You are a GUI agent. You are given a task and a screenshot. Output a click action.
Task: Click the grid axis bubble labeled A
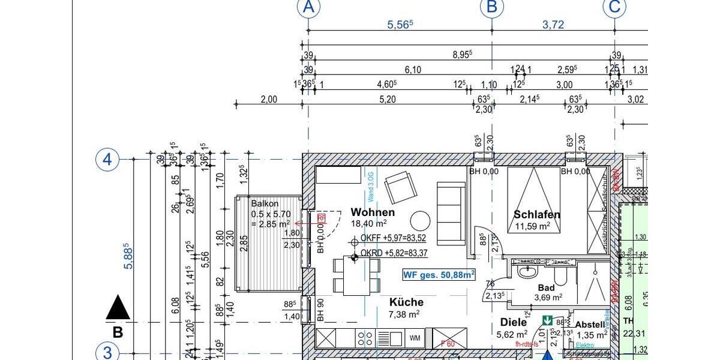tap(308, 7)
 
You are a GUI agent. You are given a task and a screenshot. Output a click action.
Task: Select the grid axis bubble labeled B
tap(492, 7)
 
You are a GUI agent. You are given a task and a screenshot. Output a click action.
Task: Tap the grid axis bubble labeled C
tap(615, 7)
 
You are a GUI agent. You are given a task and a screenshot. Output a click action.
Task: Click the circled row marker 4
tap(107, 160)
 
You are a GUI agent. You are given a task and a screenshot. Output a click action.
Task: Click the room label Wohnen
tap(373, 212)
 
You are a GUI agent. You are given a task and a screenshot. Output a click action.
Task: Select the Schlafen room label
tap(536, 214)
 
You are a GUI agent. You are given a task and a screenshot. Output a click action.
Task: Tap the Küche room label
tap(406, 302)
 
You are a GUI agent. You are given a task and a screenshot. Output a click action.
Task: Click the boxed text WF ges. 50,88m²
tap(439, 275)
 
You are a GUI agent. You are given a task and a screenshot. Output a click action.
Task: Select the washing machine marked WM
tap(415, 338)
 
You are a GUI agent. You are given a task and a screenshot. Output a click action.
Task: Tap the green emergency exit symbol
tap(547, 321)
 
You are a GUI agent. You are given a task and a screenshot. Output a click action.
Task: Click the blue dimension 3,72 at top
tap(553, 25)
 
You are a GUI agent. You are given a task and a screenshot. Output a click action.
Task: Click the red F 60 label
tap(447, 344)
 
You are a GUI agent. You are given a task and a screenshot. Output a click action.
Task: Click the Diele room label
tap(513, 322)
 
